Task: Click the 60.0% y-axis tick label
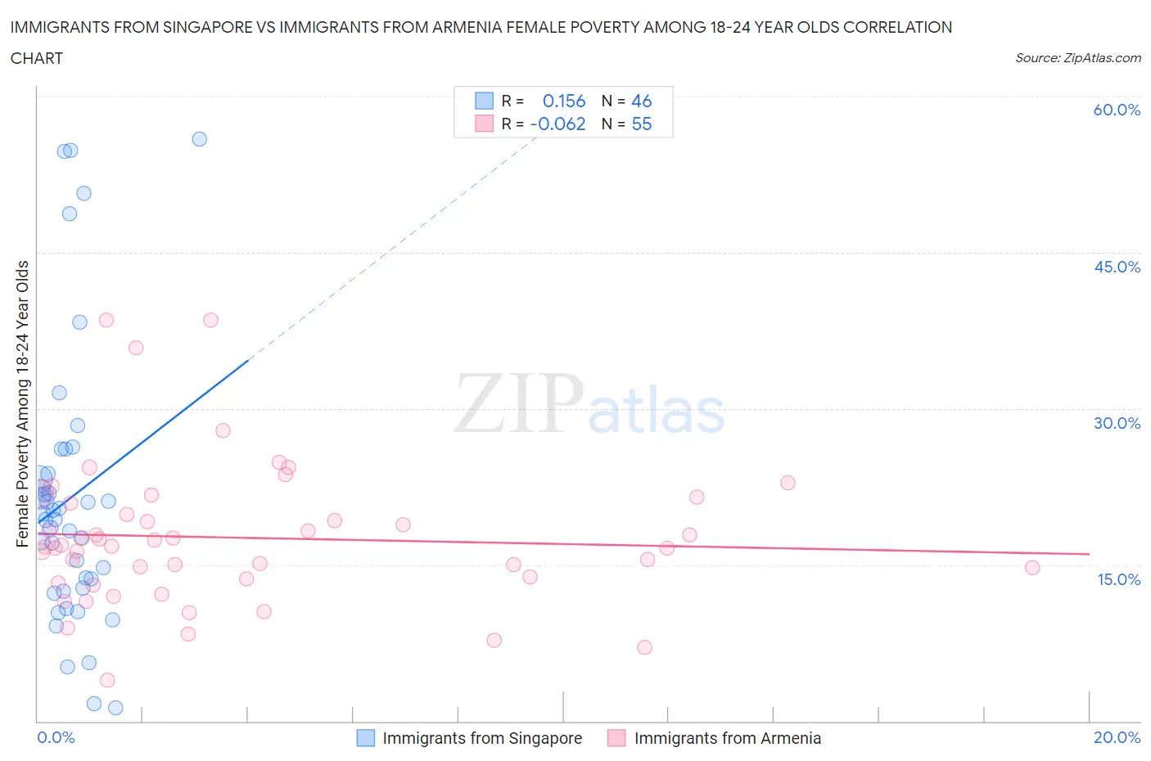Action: pyautogui.click(x=1117, y=110)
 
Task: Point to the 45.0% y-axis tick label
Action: pyautogui.click(x=1117, y=267)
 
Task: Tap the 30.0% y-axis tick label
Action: pyautogui.click(x=1117, y=423)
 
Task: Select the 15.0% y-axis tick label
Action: pyautogui.click(x=1117, y=579)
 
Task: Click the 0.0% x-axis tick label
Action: pyautogui.click(x=56, y=737)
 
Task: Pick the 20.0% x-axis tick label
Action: pyautogui.click(x=1117, y=737)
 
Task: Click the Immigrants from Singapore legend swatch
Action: pyautogui.click(x=365, y=738)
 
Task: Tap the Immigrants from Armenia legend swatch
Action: pyautogui.click(x=616, y=738)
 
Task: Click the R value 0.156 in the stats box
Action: pyautogui.click(x=564, y=101)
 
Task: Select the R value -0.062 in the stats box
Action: pyautogui.click(x=557, y=124)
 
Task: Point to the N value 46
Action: pyautogui.click(x=641, y=101)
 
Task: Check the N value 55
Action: pyautogui.click(x=641, y=124)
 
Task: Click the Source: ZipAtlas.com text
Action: pyautogui.click(x=1077, y=57)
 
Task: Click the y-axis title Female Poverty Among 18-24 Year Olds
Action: pyautogui.click(x=22, y=403)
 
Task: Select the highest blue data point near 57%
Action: pyautogui.click(x=199, y=139)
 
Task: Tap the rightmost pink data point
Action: pyautogui.click(x=1032, y=568)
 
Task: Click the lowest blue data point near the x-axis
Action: pyautogui.click(x=115, y=708)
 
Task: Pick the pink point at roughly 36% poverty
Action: pyautogui.click(x=136, y=348)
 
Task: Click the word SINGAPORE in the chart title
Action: pyautogui.click(x=197, y=27)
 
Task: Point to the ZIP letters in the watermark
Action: pyautogui.click(x=519, y=403)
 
